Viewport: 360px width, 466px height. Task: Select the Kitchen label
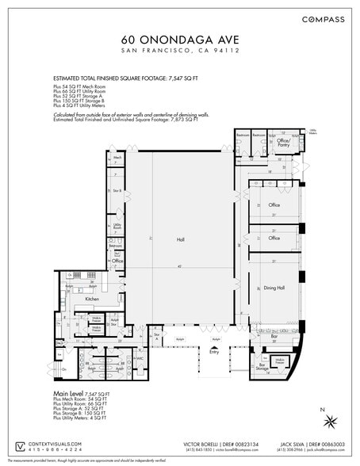coord(92,300)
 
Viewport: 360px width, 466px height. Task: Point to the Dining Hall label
coord(274,288)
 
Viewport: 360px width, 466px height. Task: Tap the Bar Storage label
coord(260,366)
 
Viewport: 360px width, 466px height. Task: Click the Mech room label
coord(117,159)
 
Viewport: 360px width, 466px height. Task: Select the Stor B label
coord(117,191)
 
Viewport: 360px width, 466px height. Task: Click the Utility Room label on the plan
coord(117,227)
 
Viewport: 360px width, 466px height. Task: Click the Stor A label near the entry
coord(156,336)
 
